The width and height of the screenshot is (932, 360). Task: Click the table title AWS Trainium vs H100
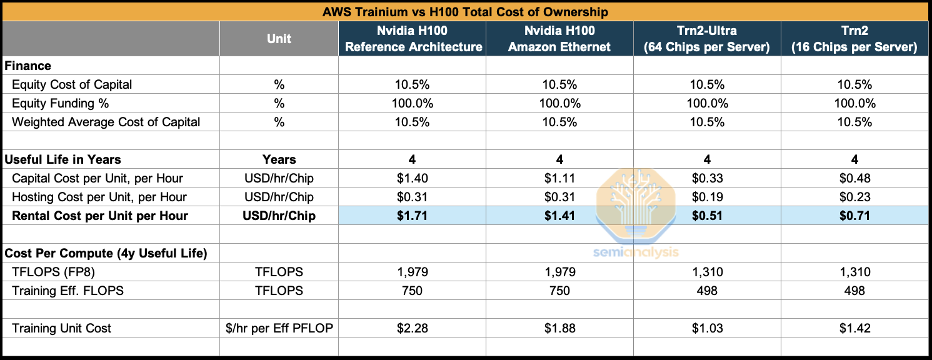click(465, 12)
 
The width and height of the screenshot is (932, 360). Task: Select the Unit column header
click(279, 39)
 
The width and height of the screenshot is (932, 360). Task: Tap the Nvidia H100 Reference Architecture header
click(413, 39)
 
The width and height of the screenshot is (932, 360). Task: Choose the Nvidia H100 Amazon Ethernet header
click(559, 39)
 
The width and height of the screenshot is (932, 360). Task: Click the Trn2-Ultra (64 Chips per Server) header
click(707, 39)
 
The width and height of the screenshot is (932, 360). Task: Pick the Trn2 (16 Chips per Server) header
click(854, 39)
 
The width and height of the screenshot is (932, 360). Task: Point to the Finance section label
click(28, 66)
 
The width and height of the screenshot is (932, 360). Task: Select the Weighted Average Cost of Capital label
click(106, 122)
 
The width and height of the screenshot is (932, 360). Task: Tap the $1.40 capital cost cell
click(413, 178)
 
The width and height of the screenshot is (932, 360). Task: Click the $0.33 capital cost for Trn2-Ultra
click(707, 178)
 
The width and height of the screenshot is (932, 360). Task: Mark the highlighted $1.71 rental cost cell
click(413, 216)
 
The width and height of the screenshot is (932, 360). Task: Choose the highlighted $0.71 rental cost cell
click(854, 216)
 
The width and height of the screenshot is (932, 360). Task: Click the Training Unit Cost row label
click(61, 328)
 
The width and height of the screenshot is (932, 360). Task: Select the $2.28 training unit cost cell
click(413, 328)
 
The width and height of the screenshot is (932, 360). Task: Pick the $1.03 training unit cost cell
click(707, 328)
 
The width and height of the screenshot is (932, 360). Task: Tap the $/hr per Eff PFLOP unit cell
click(279, 328)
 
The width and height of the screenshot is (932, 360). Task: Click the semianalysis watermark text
click(635, 252)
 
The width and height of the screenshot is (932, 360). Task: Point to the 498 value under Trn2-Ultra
click(707, 291)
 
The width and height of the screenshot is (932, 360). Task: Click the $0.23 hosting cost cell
click(854, 197)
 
